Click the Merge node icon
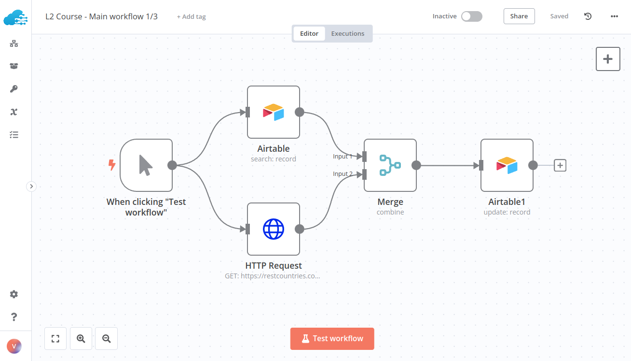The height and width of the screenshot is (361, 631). pos(390,165)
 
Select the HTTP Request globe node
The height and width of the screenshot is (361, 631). pos(274,229)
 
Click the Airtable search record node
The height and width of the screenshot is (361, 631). pos(274,112)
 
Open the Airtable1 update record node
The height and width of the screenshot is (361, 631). pos(507,165)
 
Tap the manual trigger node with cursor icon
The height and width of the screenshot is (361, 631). pos(146,165)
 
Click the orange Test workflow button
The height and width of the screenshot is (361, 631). pos(332,338)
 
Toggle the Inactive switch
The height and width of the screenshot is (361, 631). pos(471,16)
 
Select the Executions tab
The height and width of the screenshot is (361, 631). pos(347,34)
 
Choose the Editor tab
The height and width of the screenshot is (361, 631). pos(309,34)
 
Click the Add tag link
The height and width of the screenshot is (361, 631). pos(192,17)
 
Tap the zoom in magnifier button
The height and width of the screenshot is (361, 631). pos(81,338)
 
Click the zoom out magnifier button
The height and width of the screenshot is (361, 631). pos(107,338)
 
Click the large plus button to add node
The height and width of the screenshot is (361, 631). pos(608,59)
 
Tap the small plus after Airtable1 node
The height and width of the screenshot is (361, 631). pos(560,165)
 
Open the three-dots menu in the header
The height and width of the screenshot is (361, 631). pos(614,16)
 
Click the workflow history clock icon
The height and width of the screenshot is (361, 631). pos(588,16)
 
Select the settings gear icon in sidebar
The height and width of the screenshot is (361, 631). pos(14,294)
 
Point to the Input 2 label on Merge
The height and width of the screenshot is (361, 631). pos(343,174)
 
